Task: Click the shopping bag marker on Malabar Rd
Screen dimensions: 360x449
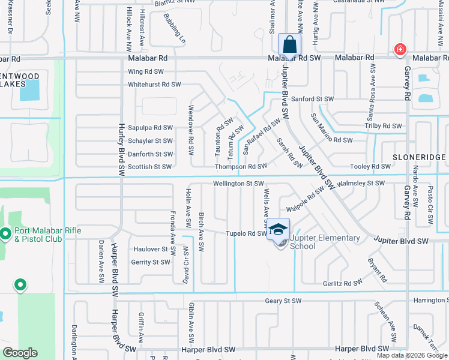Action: [x=289, y=45]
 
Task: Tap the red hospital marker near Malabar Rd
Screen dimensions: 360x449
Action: [x=399, y=50]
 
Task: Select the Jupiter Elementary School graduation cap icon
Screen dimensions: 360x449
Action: [x=278, y=229]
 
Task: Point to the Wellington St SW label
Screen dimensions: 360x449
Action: [x=238, y=184]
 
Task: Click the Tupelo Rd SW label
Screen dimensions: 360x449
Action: [x=246, y=233]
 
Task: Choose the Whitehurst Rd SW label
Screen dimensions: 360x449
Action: [x=154, y=85]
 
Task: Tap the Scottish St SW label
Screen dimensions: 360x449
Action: [x=150, y=167]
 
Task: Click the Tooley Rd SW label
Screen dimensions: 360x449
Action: [x=373, y=167]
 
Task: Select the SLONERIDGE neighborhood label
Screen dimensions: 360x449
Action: [x=418, y=157]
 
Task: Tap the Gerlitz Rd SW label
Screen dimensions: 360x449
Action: [x=341, y=281]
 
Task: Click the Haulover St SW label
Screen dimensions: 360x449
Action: [x=150, y=249]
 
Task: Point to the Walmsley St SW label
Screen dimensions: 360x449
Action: [x=361, y=183]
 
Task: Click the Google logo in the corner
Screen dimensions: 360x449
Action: [x=21, y=353]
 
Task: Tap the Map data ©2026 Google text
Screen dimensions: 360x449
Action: [x=412, y=355]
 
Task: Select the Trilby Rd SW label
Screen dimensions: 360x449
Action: [x=383, y=126]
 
